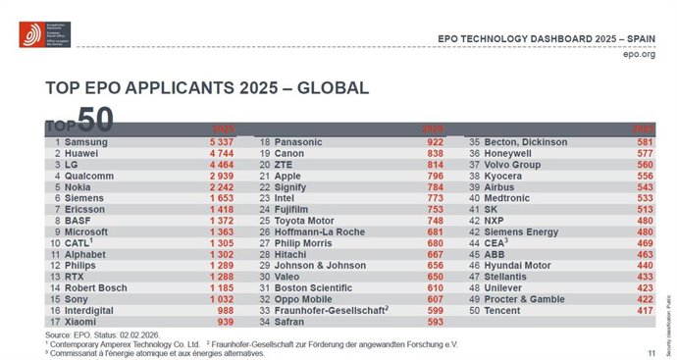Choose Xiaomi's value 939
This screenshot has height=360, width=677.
tap(225, 320)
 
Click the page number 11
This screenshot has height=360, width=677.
tap(651, 351)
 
